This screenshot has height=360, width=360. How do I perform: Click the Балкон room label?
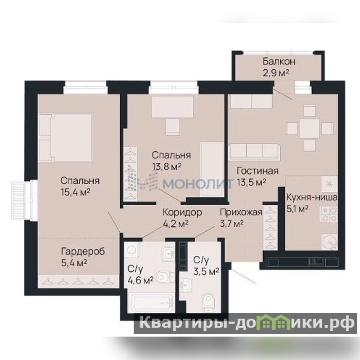tap(279, 62)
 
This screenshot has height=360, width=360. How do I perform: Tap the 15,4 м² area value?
tap(75, 192)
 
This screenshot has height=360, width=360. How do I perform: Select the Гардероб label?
tap(83, 252)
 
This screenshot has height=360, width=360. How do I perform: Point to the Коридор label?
tap(182, 212)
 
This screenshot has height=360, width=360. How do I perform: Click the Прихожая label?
tap(241, 212)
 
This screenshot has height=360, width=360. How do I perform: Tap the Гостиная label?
tap(257, 171)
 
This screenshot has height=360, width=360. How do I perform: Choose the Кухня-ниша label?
tap(312, 198)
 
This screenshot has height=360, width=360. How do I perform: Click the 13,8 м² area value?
tap(166, 166)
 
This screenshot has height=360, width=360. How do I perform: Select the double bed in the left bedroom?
tap(66, 138)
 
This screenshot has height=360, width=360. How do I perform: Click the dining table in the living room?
tap(310, 128)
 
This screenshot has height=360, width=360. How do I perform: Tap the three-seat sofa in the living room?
tap(254, 151)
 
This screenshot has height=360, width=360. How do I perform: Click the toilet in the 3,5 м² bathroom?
tap(209, 301)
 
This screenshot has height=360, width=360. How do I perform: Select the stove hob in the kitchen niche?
tap(329, 214)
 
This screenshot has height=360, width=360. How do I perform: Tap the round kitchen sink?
tap(329, 242)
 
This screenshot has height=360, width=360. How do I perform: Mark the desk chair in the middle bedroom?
tap(173, 127)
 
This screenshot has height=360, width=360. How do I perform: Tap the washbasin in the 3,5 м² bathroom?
tap(185, 285)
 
